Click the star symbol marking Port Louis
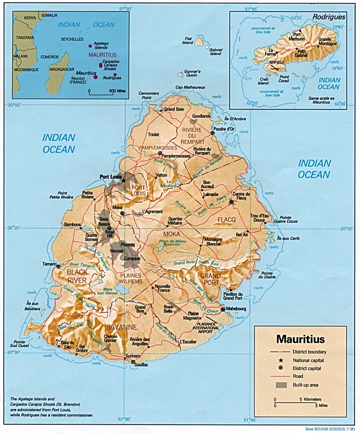pos(123,180)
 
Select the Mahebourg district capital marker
pos(223,309)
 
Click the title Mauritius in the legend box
pos(300,339)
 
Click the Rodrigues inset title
pos(329,17)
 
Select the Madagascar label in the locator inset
pos(62,69)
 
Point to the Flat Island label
pos(188,40)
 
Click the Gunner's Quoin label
pos(192,74)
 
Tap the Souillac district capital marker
pos(133,362)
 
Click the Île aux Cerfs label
pos(288,238)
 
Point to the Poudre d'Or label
pos(224,129)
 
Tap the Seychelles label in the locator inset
pos(72,39)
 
